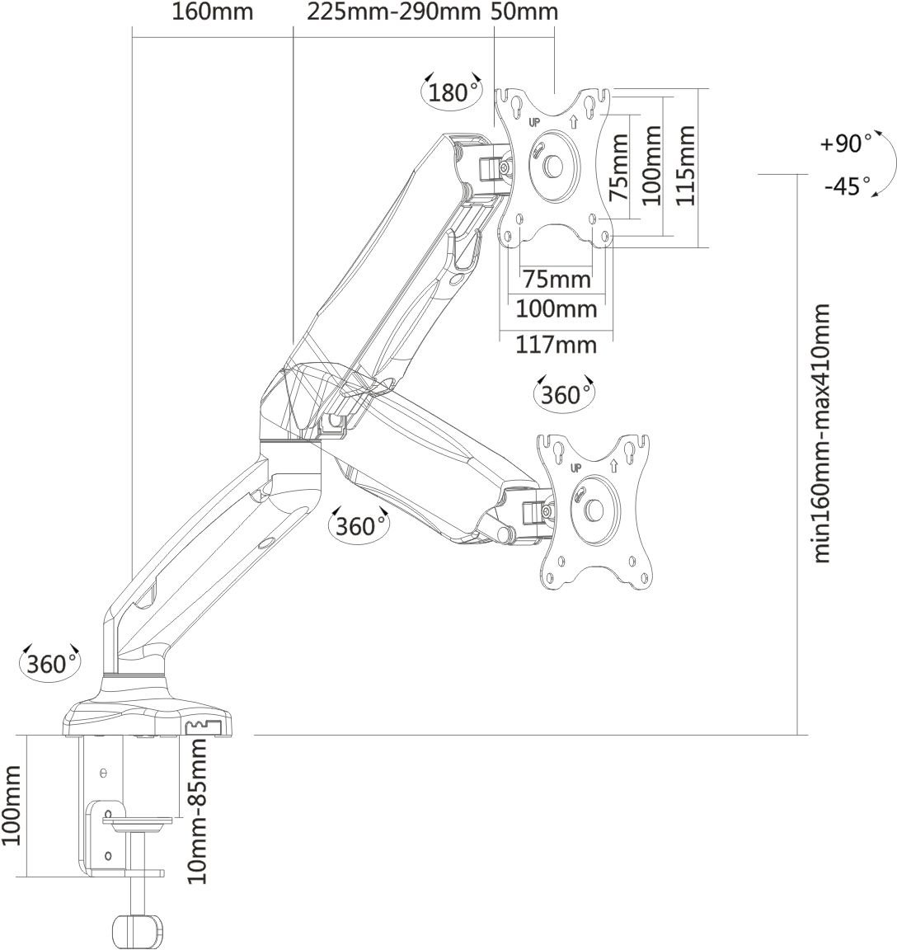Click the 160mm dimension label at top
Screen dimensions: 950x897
point(213,12)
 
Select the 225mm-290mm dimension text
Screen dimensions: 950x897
point(393,12)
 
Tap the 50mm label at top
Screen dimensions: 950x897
point(524,12)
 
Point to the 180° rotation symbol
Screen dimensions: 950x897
point(450,92)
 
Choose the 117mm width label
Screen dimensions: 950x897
point(556,344)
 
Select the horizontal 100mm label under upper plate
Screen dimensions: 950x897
point(556,310)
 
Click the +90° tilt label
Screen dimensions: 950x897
point(845,143)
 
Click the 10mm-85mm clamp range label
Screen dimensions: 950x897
point(197,811)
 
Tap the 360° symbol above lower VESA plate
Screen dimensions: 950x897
point(565,395)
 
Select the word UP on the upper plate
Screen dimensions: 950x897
point(534,121)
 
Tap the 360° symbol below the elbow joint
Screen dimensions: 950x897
point(358,525)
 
